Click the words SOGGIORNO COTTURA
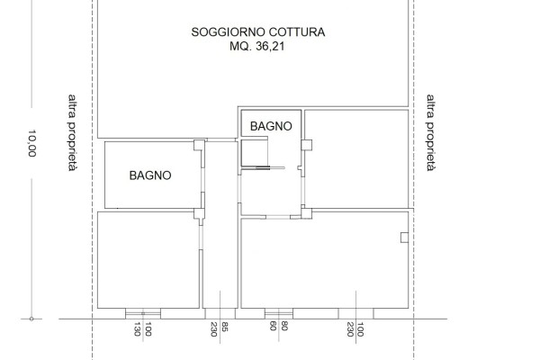point(258,32)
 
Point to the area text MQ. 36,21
point(257,46)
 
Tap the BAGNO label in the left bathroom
point(150,175)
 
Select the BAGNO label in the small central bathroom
point(271,126)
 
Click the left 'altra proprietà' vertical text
point(72,132)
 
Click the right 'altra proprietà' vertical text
point(430,132)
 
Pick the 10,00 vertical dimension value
point(32,143)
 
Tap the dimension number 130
point(137,329)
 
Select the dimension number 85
point(224,327)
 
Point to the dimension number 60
point(273,326)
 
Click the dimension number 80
point(284,326)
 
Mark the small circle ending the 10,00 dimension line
point(31,319)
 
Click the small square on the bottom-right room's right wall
point(404,238)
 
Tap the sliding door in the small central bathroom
point(263,167)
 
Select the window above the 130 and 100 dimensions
point(143,313)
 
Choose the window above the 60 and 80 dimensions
point(279,313)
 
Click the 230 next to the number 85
point(213,329)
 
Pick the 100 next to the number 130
point(148,329)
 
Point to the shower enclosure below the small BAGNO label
point(255,153)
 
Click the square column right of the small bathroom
point(307,145)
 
